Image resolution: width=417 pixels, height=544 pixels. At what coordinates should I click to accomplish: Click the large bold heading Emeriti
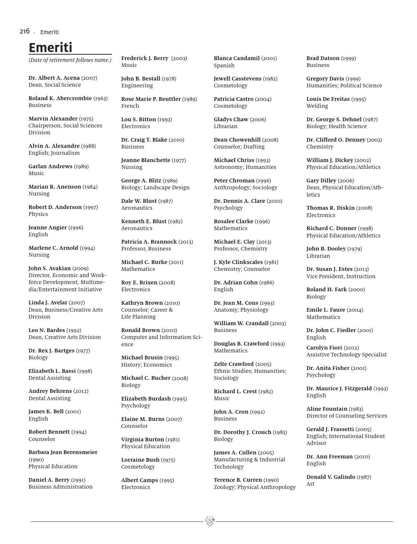coord(51,47)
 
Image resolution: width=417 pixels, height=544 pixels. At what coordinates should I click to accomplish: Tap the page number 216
coord(25,31)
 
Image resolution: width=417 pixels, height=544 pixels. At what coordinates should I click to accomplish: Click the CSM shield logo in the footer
coord(210,521)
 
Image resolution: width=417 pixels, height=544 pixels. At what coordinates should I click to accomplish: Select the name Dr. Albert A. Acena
coord(54,78)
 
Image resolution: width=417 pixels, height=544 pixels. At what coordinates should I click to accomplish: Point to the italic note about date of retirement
coord(70,60)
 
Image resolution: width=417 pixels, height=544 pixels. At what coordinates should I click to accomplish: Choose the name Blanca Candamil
coord(237,58)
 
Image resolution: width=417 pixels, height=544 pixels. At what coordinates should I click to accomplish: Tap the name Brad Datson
coord(323,58)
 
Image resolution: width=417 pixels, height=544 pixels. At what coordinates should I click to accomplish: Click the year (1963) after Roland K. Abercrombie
coord(100,98)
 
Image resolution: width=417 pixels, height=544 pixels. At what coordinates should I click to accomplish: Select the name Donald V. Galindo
coord(330,477)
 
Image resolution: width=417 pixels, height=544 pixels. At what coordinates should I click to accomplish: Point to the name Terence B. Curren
coord(238,480)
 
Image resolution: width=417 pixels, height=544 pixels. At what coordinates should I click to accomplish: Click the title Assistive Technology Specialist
coord(346,355)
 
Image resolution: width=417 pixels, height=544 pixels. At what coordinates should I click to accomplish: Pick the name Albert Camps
coord(140,480)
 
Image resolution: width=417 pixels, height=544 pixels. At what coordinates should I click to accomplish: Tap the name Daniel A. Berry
coord(49,480)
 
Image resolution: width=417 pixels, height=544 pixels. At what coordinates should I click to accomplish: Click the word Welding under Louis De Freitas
coord(317,106)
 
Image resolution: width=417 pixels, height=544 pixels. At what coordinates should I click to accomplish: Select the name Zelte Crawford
coord(234,364)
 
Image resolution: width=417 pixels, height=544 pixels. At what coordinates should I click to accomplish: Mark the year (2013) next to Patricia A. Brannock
coord(185,242)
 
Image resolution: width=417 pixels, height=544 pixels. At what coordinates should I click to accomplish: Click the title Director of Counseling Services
coord(346,416)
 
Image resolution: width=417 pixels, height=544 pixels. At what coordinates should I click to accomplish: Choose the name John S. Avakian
coord(50,268)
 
